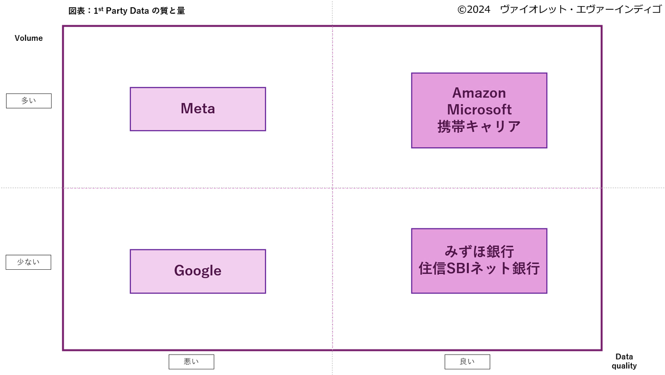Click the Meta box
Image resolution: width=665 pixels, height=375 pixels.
click(x=197, y=109)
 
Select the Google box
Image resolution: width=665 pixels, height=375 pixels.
click(x=197, y=271)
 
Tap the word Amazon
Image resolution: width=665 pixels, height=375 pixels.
click(x=479, y=93)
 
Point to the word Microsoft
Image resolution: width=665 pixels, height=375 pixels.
click(x=479, y=109)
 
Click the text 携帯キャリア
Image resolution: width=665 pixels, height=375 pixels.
click(x=479, y=126)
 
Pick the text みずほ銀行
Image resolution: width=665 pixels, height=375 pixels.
click(x=479, y=251)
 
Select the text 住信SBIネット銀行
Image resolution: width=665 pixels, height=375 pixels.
click(x=479, y=268)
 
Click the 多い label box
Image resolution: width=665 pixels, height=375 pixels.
click(x=29, y=101)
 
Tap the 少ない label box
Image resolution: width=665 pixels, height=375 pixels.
click(x=28, y=262)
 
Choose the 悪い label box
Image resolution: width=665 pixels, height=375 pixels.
click(x=191, y=362)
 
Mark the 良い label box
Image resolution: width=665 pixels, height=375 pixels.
click(x=467, y=362)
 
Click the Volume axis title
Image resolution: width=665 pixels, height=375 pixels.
click(x=29, y=38)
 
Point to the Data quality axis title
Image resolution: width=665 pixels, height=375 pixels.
click(x=624, y=361)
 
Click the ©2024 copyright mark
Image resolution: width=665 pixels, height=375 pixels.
click(x=474, y=10)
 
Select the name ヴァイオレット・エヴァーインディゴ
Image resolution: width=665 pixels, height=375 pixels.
click(x=581, y=10)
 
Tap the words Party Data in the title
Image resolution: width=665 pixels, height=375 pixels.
click(x=127, y=11)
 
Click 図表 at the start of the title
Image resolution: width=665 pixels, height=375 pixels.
click(x=77, y=11)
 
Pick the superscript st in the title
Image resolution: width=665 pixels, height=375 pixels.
click(x=101, y=9)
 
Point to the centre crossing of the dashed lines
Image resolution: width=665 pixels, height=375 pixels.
click(x=332, y=188)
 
